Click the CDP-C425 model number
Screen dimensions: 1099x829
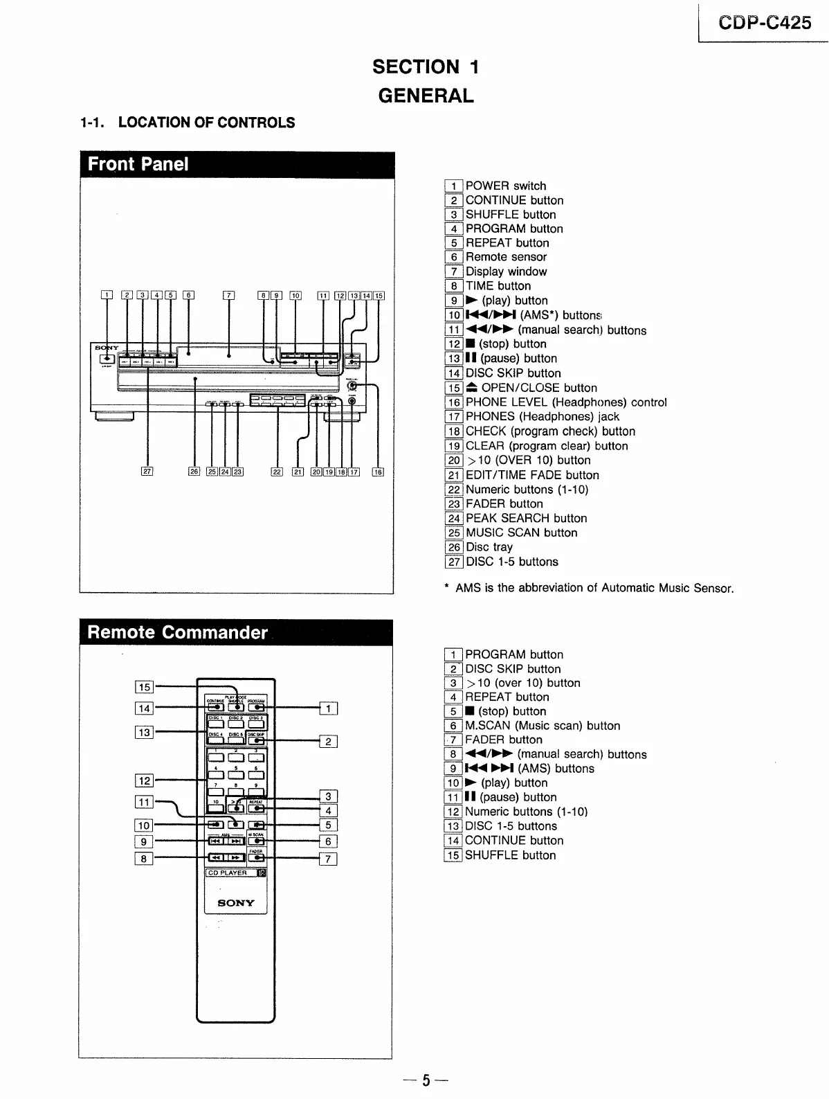(x=765, y=23)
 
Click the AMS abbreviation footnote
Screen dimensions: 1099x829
(x=588, y=588)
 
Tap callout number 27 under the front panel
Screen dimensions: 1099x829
(x=147, y=472)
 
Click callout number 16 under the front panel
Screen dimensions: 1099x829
(x=378, y=472)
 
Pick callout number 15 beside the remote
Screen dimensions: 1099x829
(x=144, y=687)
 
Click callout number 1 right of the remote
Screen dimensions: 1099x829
(x=329, y=708)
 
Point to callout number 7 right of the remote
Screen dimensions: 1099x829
(x=329, y=859)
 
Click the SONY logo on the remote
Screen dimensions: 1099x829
(x=236, y=903)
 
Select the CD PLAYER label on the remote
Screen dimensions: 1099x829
(x=228, y=873)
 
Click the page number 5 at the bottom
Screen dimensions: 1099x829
(x=426, y=1080)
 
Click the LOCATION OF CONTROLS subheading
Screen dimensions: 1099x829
(x=206, y=123)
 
